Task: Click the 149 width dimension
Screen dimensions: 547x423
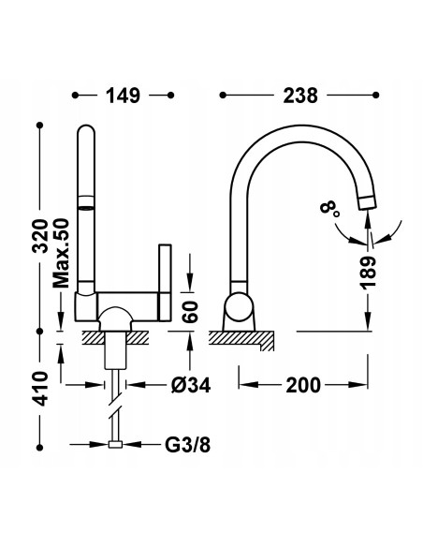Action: pos(123,95)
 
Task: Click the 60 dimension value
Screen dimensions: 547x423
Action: pos(191,311)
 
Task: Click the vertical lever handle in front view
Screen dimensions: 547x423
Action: pos(165,285)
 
